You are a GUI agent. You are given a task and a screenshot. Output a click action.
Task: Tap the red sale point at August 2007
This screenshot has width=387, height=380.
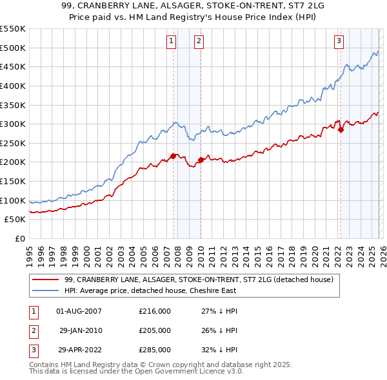(173, 156)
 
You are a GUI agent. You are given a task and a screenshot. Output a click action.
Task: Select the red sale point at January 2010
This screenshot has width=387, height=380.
(201, 160)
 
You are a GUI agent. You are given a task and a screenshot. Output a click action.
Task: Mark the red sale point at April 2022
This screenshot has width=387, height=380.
(341, 129)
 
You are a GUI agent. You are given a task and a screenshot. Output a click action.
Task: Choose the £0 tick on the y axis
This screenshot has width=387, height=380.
(19, 238)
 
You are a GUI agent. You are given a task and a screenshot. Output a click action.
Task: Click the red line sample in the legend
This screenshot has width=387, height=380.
(45, 280)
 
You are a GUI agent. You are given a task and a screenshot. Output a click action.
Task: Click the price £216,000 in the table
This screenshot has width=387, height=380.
(155, 311)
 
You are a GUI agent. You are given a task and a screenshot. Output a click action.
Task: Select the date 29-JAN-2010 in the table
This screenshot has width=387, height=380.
(79, 330)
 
